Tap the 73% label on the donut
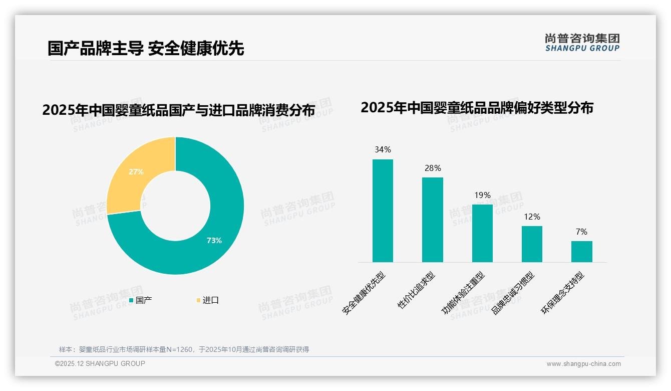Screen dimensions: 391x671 click(214, 241)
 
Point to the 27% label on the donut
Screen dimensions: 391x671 click(136, 172)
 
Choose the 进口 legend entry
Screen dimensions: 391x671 click(208, 300)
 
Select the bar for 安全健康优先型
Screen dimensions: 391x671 click(383, 211)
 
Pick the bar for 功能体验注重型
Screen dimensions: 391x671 click(482, 233)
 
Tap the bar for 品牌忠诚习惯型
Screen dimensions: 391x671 click(532, 244)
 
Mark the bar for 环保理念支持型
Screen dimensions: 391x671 click(581, 251)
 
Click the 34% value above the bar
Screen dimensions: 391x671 click(383, 150)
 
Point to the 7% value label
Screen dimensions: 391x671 click(581, 232)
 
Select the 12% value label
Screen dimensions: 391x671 click(532, 217)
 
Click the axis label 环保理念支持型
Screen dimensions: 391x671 click(563, 293)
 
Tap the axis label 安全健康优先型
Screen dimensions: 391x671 click(364, 293)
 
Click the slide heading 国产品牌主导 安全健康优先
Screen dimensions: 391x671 click(146, 49)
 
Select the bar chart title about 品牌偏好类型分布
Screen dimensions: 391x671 click(477, 108)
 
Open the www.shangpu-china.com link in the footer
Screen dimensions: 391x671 click(583, 364)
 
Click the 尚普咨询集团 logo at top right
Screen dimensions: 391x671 click(582, 42)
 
